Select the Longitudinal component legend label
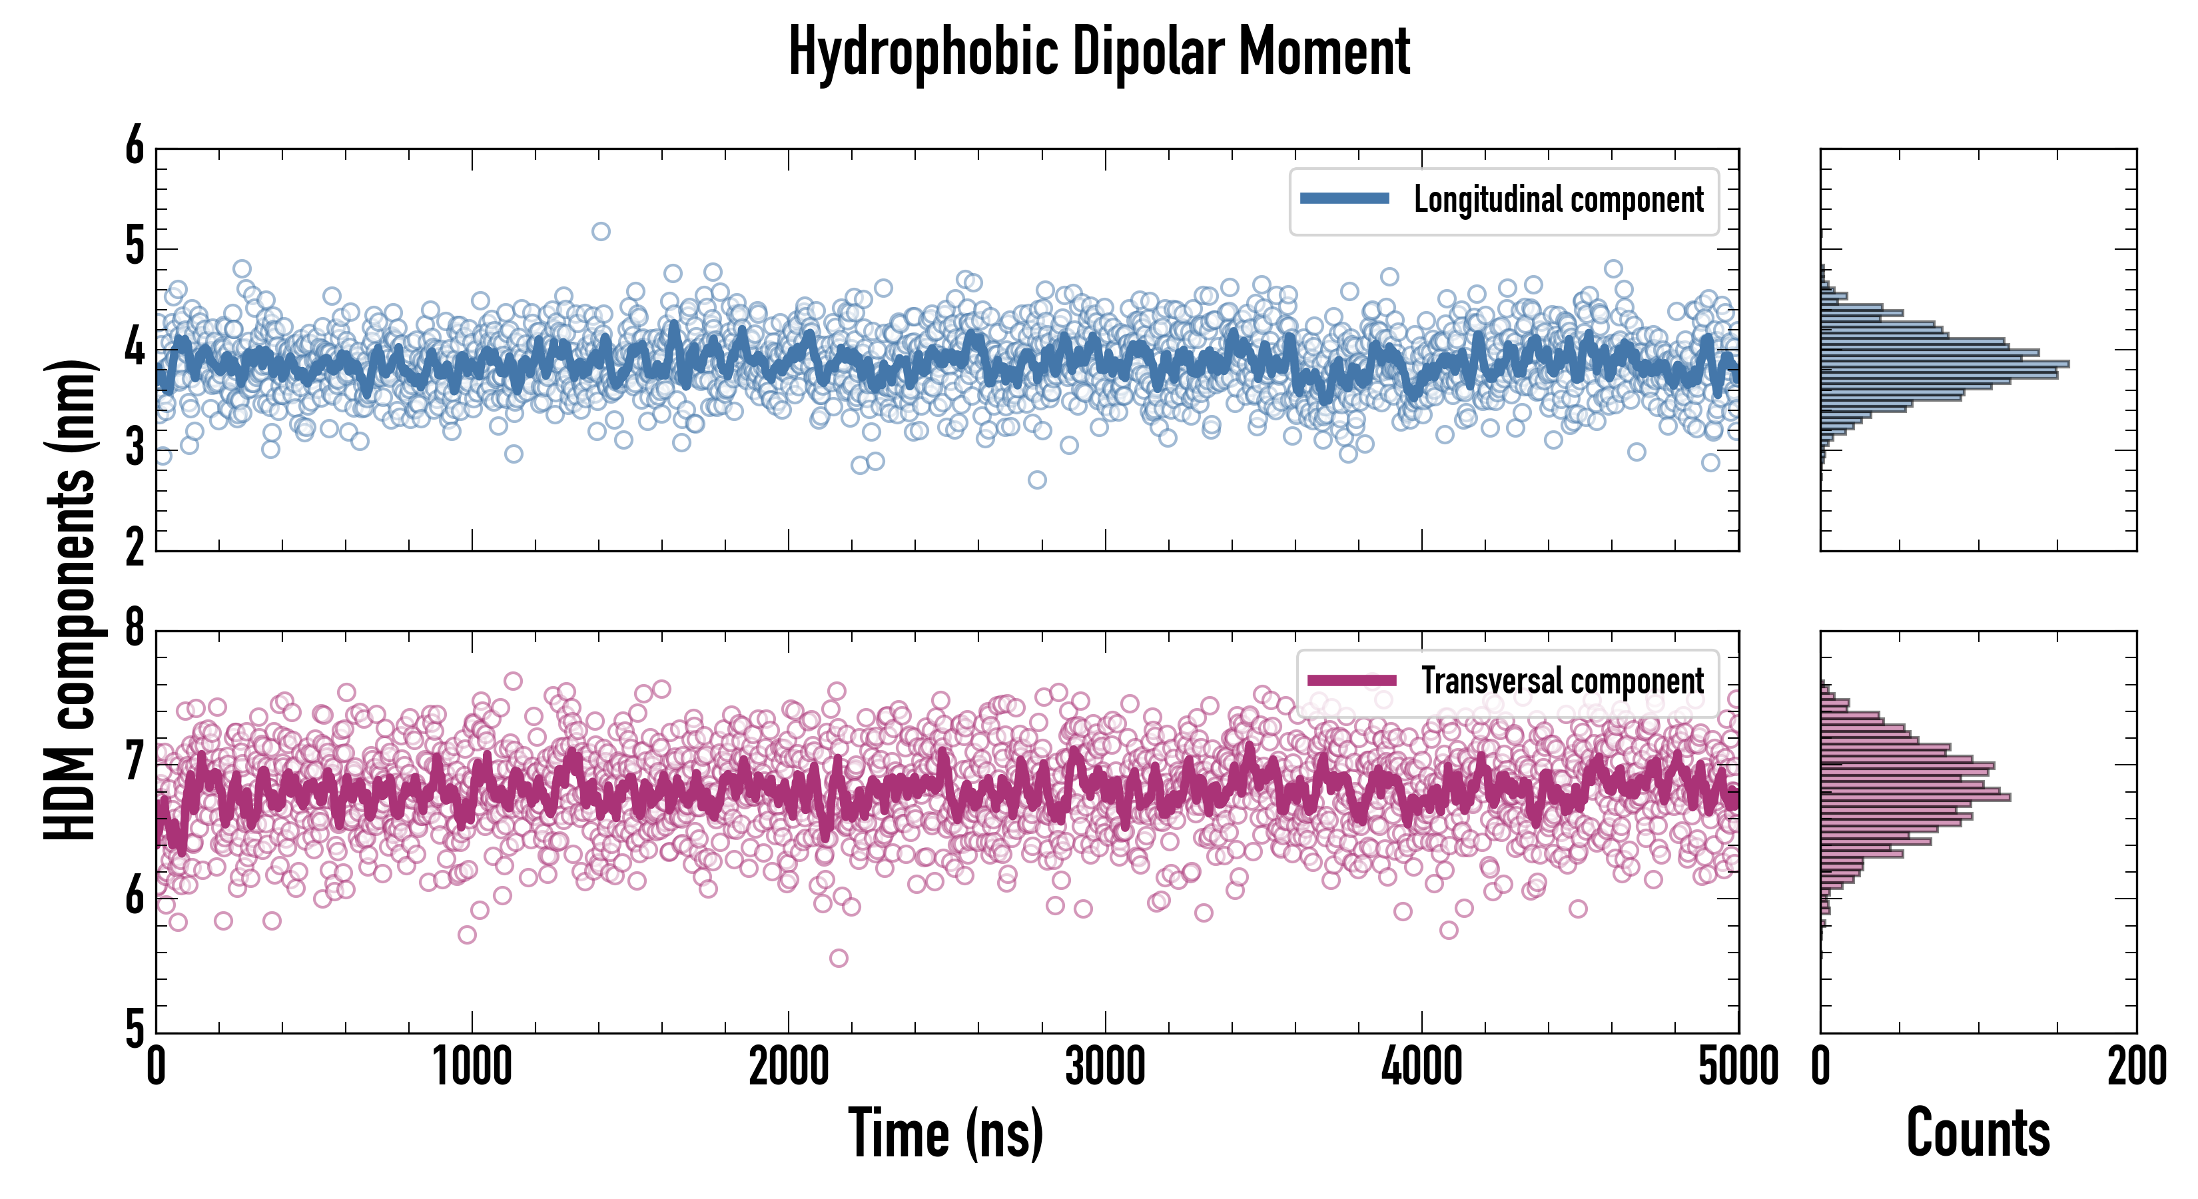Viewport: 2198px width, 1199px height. click(1558, 200)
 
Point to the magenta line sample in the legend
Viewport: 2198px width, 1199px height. click(1351, 680)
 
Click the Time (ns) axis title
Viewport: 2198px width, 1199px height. click(945, 1133)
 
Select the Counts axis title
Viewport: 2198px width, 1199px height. click(1978, 1133)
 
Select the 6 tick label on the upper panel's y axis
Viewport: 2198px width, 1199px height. click(135, 147)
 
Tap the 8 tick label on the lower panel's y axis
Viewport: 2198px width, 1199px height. click(135, 629)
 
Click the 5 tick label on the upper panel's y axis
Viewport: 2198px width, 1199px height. click(135, 248)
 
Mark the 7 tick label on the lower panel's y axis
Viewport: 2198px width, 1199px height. click(135, 763)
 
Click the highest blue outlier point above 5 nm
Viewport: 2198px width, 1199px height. click(601, 231)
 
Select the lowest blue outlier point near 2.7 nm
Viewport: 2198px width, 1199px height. click(1036, 480)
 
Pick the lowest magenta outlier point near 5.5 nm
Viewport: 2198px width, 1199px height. click(839, 957)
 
